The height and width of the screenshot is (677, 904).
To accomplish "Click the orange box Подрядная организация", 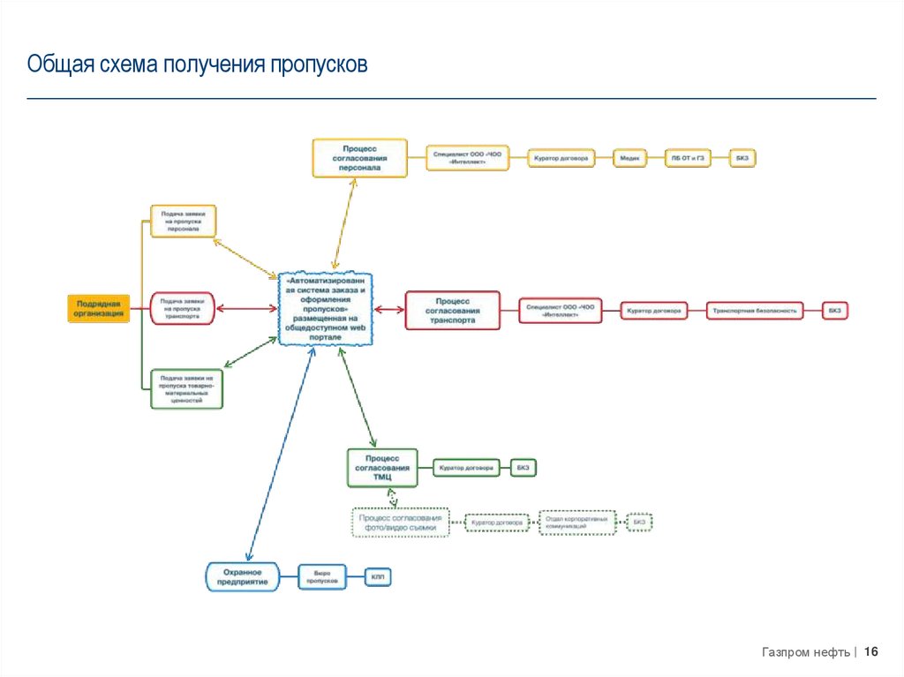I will point(99,309).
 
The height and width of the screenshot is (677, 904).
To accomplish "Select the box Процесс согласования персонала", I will point(360,158).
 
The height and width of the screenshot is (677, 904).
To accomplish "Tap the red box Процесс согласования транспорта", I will point(452,310).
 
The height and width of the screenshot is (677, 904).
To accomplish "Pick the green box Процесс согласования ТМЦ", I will point(382,467).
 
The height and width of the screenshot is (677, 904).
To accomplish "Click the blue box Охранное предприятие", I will point(242,575).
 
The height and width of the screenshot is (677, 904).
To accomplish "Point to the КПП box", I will point(378,577).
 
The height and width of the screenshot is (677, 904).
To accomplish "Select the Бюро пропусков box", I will point(322,577).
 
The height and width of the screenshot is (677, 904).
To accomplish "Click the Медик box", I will point(629,158).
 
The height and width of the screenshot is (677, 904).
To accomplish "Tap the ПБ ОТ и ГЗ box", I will point(689,158).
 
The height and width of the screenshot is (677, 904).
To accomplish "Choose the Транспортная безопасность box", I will point(755,311).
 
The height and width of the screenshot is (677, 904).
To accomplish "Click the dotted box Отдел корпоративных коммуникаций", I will point(577,523).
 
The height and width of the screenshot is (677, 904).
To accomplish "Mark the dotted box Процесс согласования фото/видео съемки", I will point(400,523).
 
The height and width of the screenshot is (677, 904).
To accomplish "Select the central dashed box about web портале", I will point(326,309).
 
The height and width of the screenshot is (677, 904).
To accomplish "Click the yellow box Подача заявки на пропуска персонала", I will point(183,221).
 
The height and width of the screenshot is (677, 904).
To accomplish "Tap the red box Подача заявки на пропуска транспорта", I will point(183,309).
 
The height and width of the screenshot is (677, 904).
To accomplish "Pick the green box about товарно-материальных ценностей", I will point(186,388).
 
